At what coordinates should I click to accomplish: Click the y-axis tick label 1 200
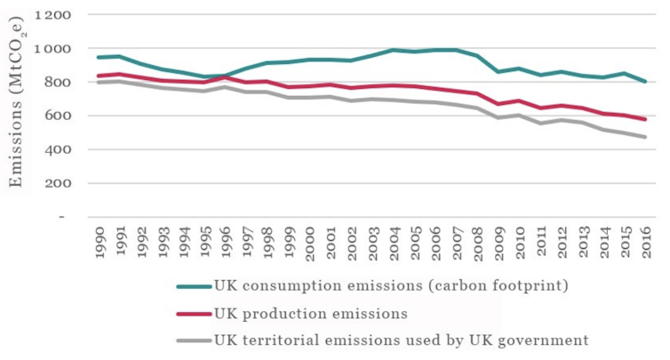click(x=55, y=15)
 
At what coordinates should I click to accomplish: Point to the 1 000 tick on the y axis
click(x=55, y=49)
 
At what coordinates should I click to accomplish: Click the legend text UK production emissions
click(x=310, y=313)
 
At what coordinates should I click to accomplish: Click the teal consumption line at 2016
click(x=645, y=82)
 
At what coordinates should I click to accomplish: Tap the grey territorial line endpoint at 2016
click(x=645, y=137)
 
